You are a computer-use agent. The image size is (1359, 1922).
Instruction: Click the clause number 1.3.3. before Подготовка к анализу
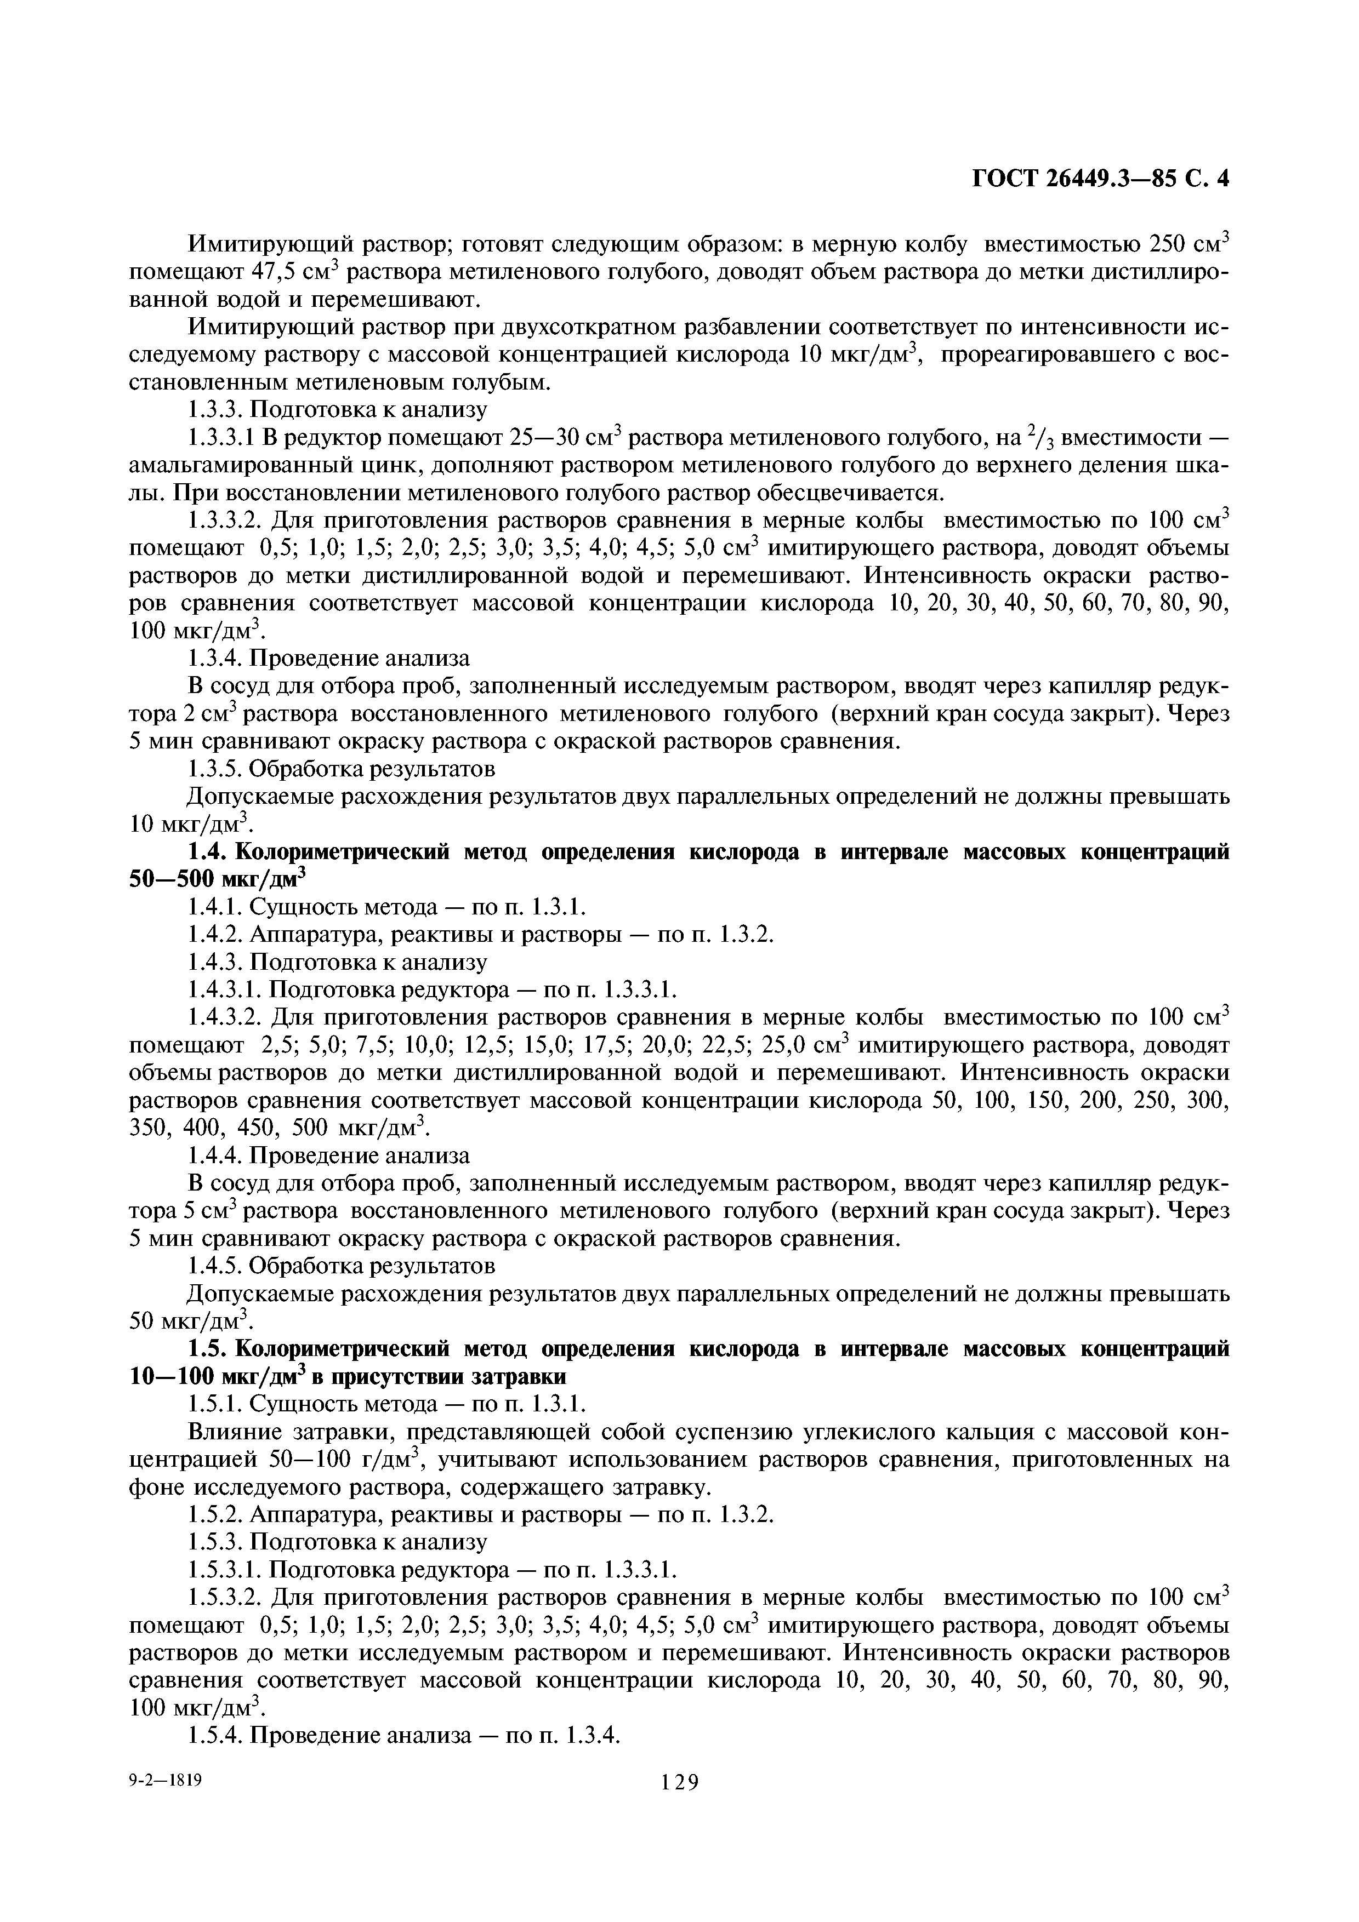(x=214, y=409)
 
